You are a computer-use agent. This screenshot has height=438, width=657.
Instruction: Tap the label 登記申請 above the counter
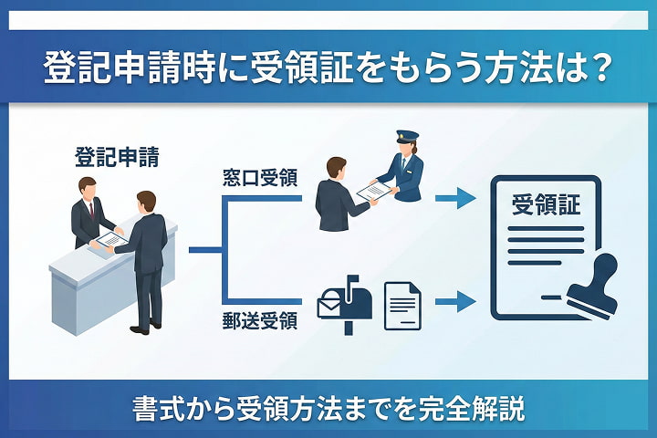coord(117,157)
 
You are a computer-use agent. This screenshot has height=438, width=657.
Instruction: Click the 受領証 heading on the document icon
coord(547,205)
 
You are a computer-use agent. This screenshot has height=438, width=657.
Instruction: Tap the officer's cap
coord(406,136)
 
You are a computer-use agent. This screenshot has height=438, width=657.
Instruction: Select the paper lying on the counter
coord(109,240)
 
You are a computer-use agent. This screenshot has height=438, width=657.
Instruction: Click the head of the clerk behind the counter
coord(87,187)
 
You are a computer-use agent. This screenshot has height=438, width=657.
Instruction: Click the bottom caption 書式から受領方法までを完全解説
coord(328,408)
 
